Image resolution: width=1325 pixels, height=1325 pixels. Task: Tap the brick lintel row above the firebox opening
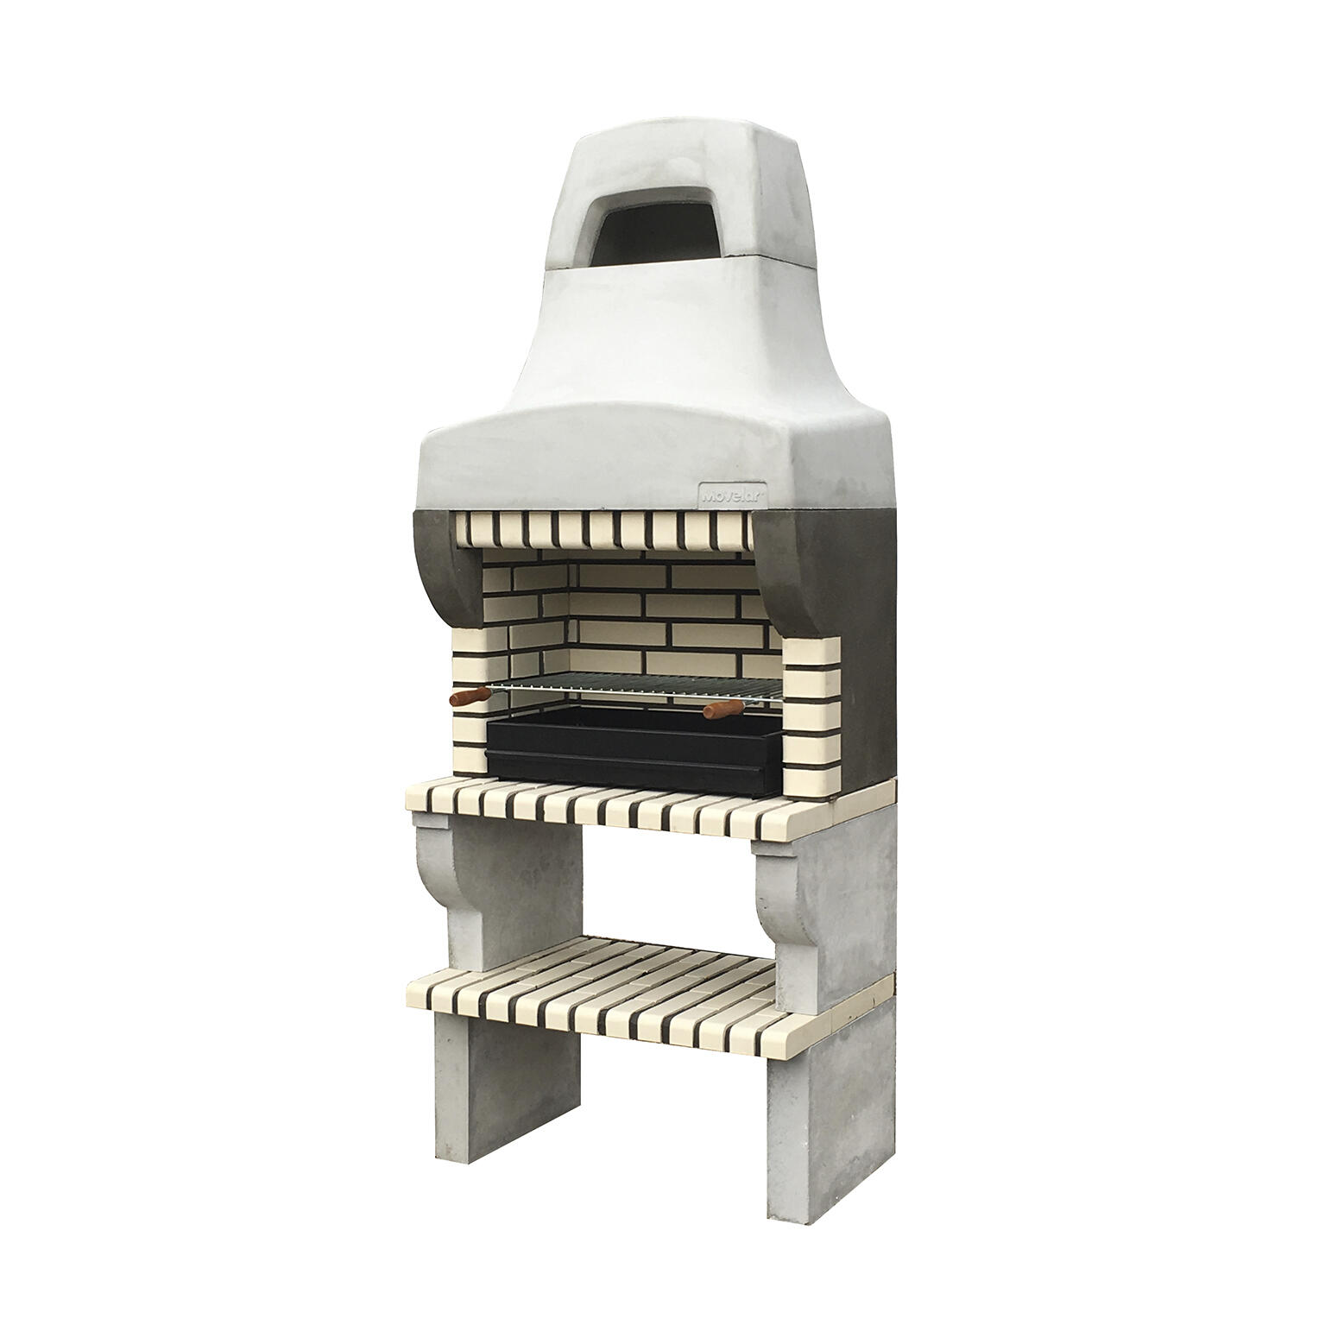(604, 528)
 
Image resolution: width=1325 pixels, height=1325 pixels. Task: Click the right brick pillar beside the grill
(811, 699)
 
